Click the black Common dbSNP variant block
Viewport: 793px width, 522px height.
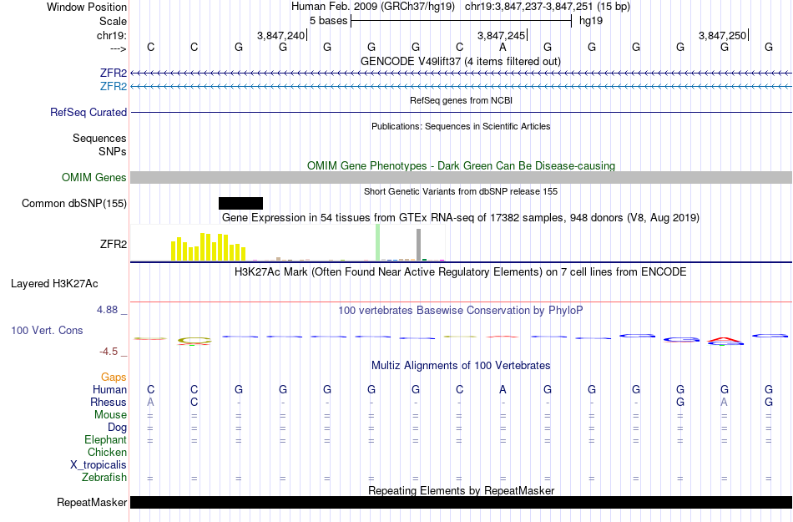coord(240,203)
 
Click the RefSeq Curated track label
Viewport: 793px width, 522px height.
coord(88,112)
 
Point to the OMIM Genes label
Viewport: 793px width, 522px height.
coord(93,177)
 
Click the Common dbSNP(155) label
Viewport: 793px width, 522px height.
coord(74,203)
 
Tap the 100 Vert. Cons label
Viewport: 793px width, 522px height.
coord(47,331)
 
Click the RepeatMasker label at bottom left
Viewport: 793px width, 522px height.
coord(92,503)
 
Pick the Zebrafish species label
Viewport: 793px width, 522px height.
coord(104,478)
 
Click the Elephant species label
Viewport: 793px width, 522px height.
coord(105,439)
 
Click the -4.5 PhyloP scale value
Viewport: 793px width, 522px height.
coord(109,352)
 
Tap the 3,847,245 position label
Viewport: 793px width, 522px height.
coord(501,35)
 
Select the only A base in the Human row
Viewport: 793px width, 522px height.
coord(503,389)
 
